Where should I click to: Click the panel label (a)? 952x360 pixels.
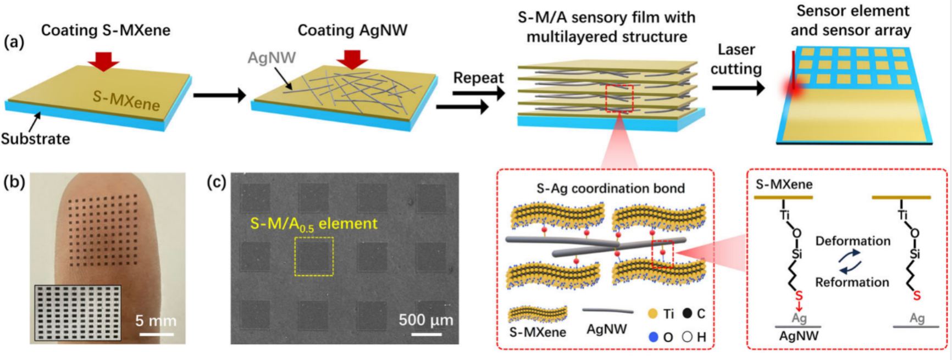[14, 42]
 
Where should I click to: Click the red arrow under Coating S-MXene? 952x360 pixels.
[103, 60]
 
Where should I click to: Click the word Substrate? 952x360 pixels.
[35, 139]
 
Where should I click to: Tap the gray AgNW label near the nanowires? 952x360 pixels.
[272, 58]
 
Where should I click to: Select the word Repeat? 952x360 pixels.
[478, 78]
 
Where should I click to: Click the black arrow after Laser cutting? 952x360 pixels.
[738, 87]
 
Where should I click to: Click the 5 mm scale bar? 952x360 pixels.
[156, 333]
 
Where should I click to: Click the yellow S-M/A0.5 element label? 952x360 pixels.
[314, 224]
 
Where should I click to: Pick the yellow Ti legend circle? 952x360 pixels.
[653, 314]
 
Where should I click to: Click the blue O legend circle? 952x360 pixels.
[653, 337]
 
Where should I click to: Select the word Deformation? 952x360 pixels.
[853, 241]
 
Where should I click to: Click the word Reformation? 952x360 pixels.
[852, 283]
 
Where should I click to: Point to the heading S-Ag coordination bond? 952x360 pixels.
[611, 189]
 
